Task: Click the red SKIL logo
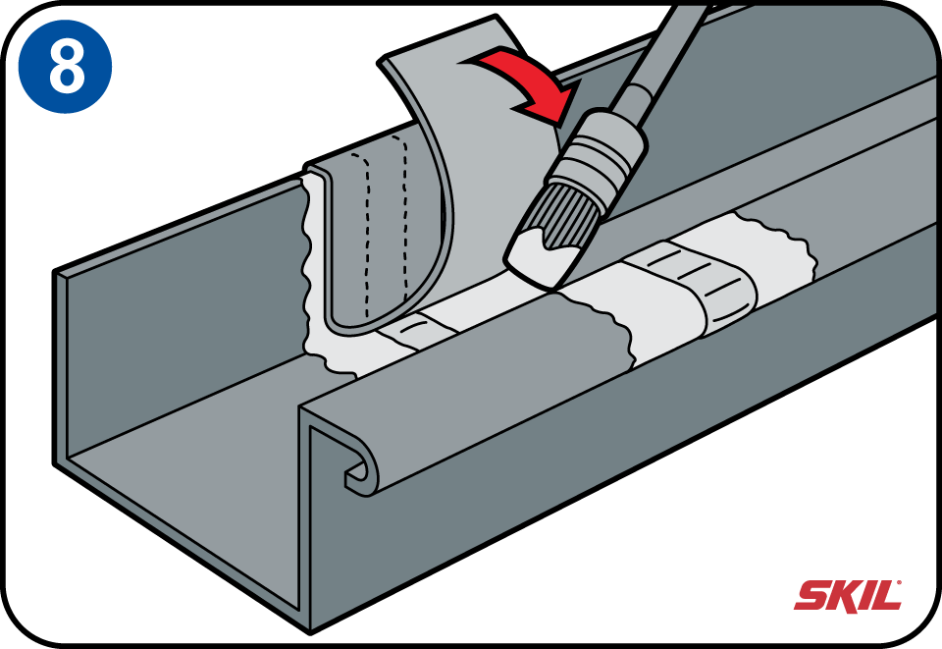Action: click(x=848, y=595)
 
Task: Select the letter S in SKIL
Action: click(x=811, y=595)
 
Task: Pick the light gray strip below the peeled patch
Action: click(x=414, y=334)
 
